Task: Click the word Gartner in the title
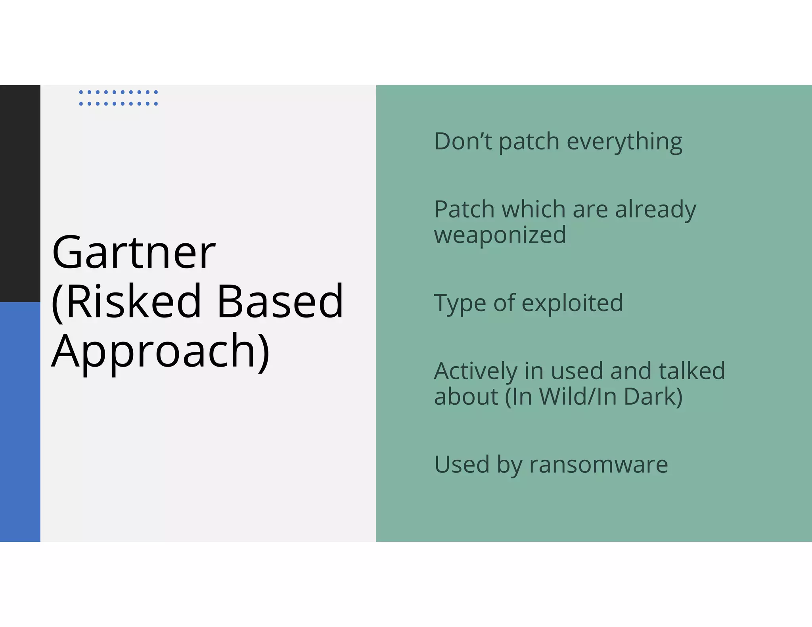[x=134, y=253]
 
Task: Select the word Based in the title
[x=280, y=302]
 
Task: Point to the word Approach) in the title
[x=161, y=351]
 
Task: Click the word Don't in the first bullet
[x=463, y=141]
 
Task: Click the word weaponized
[x=500, y=235]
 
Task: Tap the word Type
[x=460, y=304]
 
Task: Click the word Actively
[x=475, y=372]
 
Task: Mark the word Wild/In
[x=577, y=397]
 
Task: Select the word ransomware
[x=598, y=465]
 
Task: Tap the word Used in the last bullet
[x=462, y=465]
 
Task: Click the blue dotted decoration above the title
[x=118, y=98]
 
